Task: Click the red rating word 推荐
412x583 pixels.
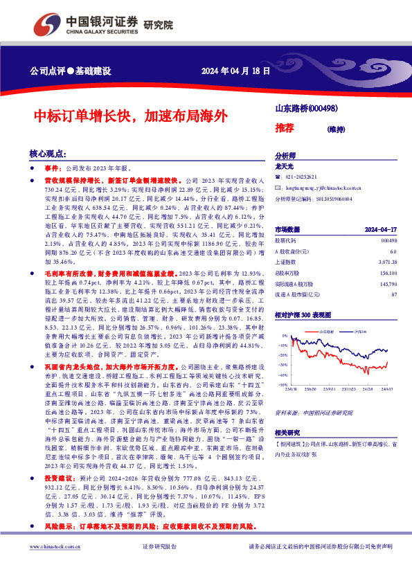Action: pyautogui.click(x=284, y=128)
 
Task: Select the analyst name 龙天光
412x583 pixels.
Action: pyautogui.click(x=285, y=167)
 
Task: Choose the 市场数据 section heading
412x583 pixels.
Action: pyautogui.click(x=287, y=228)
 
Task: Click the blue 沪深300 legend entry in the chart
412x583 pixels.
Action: pyautogui.click(x=352, y=332)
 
